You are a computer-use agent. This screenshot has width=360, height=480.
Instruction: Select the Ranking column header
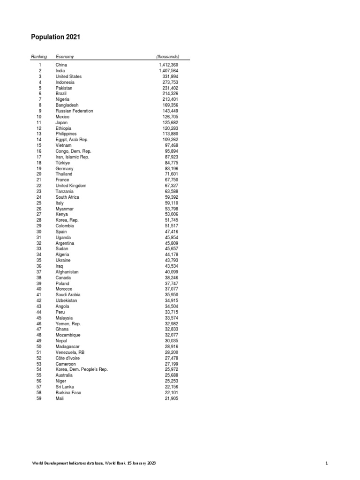tap(39, 57)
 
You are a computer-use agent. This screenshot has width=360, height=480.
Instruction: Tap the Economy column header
tap(65, 57)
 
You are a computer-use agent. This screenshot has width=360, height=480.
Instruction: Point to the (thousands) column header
tap(168, 57)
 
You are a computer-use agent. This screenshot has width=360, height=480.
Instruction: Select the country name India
tap(60, 71)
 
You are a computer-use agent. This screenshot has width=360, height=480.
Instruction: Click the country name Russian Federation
tap(74, 111)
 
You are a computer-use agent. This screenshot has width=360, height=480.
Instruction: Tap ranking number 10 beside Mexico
tap(39, 117)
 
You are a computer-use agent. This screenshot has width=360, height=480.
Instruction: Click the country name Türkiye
tap(62, 163)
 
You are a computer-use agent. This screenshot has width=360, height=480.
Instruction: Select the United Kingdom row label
tap(71, 186)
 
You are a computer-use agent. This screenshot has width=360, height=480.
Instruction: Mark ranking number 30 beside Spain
tap(39, 232)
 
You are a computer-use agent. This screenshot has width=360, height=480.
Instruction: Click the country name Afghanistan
tap(67, 272)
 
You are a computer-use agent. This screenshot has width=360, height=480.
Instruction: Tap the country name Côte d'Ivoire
tap(67, 358)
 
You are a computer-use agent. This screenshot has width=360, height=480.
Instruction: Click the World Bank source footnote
tap(94, 463)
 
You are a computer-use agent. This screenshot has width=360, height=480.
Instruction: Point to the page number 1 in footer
tap(327, 463)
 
